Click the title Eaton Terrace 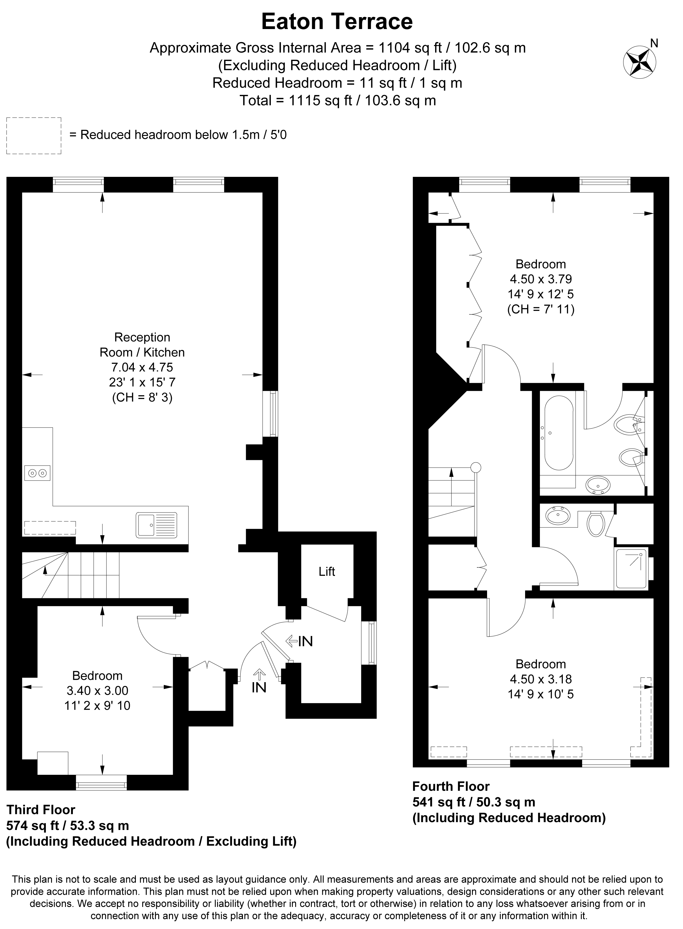click(x=337, y=21)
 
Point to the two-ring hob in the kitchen click(x=37, y=473)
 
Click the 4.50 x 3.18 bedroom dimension click(x=541, y=679)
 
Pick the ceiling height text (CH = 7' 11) click(x=541, y=309)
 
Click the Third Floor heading click(x=41, y=809)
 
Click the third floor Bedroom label click(x=98, y=676)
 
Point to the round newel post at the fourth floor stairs click(x=476, y=467)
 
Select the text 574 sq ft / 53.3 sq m click(x=68, y=826)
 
